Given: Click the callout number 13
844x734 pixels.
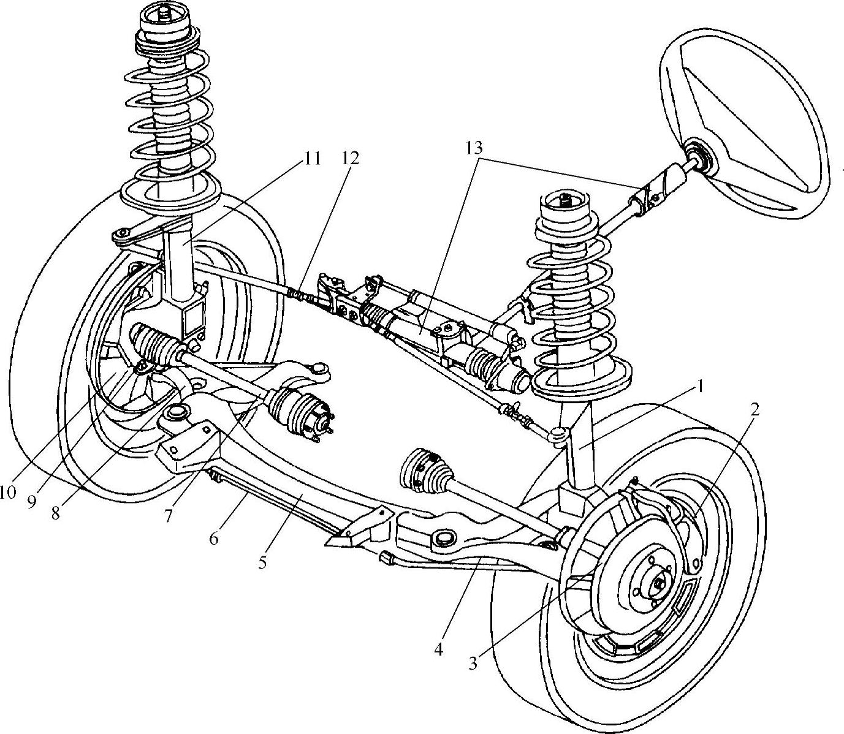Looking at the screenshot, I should pyautogui.click(x=474, y=148).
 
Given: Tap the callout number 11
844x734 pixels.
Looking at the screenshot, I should pyautogui.click(x=312, y=158).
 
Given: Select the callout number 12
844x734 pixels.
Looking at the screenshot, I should pyautogui.click(x=351, y=158).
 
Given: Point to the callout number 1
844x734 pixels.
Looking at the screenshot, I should pyautogui.click(x=701, y=388).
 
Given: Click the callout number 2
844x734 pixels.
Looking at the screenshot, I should pyautogui.click(x=754, y=409).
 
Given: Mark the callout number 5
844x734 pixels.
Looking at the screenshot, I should pyautogui.click(x=262, y=562).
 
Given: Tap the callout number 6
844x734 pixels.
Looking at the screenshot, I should pyautogui.click(x=213, y=539).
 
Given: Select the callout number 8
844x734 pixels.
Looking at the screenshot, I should pyautogui.click(x=56, y=513).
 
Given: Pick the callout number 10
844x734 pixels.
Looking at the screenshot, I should pyautogui.click(x=7, y=492).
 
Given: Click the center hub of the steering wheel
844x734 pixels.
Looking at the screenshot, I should pyautogui.click(x=698, y=156).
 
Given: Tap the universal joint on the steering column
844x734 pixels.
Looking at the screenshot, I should pyautogui.click(x=648, y=195).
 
